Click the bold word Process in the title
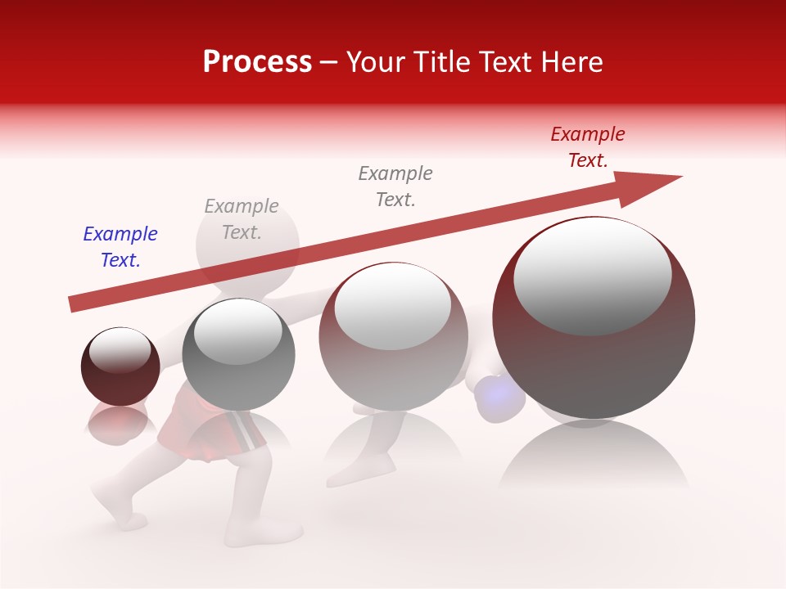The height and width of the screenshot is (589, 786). point(257,62)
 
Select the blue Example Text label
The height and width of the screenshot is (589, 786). point(120,247)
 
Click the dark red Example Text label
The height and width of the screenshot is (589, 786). point(587,147)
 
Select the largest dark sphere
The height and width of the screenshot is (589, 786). point(594,344)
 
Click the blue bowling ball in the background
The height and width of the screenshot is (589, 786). point(499,398)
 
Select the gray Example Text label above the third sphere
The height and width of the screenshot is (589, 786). point(395,186)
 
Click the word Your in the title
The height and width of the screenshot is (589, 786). point(373,62)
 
